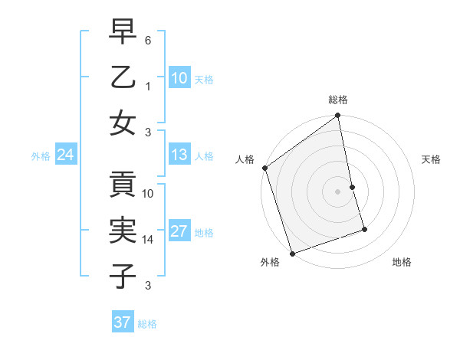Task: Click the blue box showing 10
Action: (x=179, y=77)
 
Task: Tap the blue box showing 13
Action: (x=179, y=155)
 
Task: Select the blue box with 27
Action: (x=179, y=231)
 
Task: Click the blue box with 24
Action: (x=65, y=155)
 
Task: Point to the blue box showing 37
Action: (x=122, y=322)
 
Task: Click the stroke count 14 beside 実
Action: (x=149, y=240)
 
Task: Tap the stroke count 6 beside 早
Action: (x=149, y=39)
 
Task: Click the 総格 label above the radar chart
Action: (x=338, y=100)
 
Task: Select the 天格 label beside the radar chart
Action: (x=431, y=159)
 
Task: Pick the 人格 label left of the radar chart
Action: (x=245, y=159)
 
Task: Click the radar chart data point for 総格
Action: (x=338, y=117)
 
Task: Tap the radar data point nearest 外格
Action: (x=292, y=253)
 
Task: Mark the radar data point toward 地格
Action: (x=364, y=229)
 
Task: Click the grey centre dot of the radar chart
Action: (x=338, y=191)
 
